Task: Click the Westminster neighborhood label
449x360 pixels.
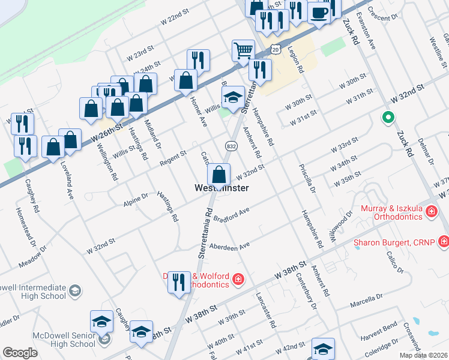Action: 222,188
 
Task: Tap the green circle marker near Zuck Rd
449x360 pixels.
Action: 388,118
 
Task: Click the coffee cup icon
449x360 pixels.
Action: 319,12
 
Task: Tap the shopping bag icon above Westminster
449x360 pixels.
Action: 220,175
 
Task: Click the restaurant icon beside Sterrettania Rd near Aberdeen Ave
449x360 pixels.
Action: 179,281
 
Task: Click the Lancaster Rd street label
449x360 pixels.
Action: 265,310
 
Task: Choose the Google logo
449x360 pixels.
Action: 20,353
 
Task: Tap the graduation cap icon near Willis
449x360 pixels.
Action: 232,96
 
